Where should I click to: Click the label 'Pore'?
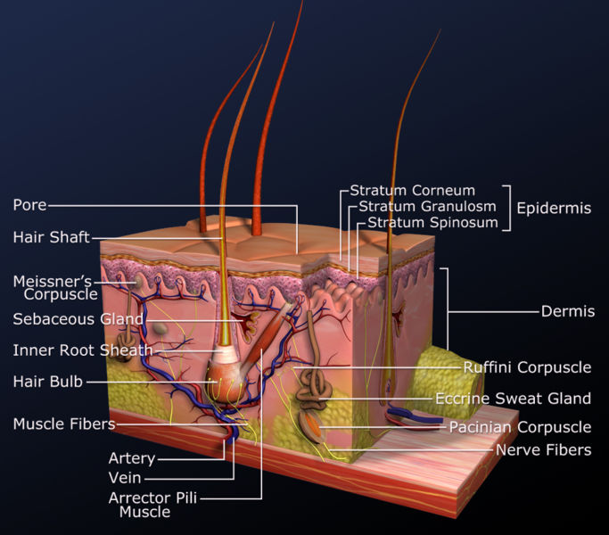[29, 205]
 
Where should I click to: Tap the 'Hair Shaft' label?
[50, 237]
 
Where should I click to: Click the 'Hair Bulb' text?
[47, 382]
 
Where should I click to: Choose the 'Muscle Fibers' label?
[63, 424]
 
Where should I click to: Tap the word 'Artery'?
[132, 458]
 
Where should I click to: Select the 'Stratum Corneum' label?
[412, 190]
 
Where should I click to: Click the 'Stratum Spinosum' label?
[432, 222]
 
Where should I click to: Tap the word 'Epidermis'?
[554, 208]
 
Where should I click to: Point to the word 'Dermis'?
[568, 311]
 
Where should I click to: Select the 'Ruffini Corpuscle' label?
[527, 366]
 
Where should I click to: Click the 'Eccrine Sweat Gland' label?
[513, 398]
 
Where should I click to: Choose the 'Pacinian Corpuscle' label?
[520, 427]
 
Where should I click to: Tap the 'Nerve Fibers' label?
[543, 450]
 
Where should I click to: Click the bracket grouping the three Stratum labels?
[508, 208]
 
